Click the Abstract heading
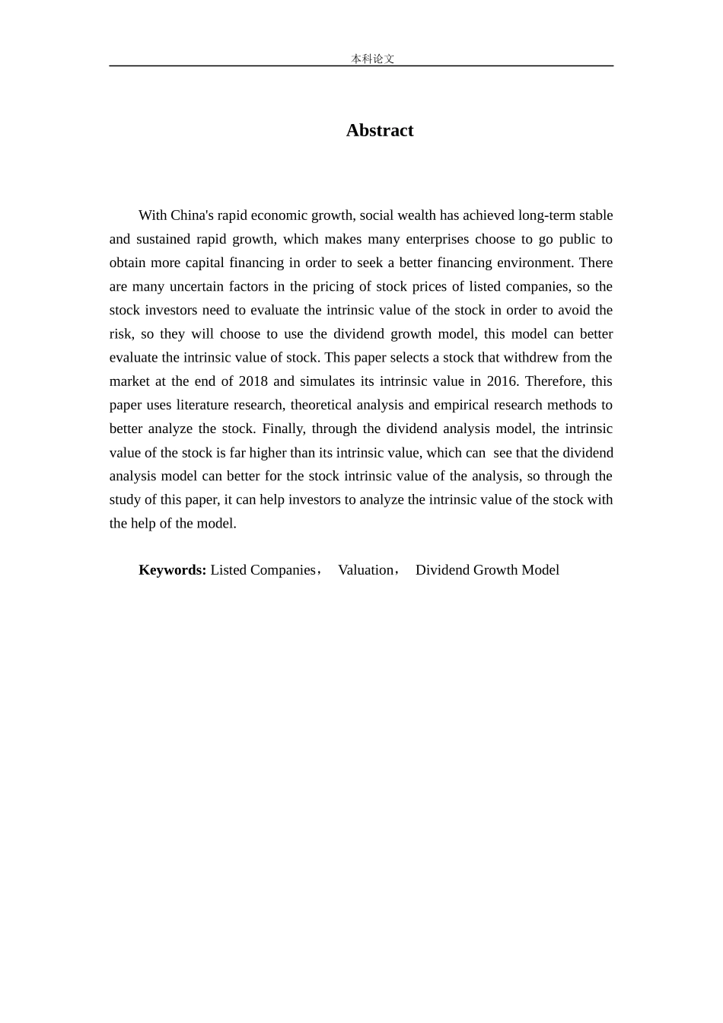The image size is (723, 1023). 380,130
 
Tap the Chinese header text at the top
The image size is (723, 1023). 372,59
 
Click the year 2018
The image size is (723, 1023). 253,381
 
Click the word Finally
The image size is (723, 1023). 283,429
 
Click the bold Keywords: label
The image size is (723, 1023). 172,570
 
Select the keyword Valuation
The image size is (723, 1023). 366,570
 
